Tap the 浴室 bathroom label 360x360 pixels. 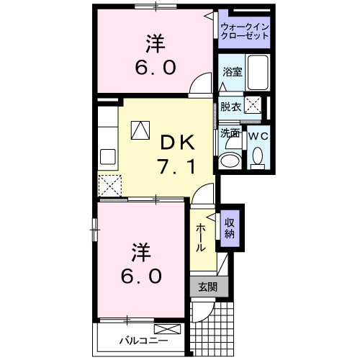232,73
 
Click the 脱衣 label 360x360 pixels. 230,107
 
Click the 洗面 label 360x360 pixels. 230,134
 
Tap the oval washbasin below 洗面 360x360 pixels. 232,160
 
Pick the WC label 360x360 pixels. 258,134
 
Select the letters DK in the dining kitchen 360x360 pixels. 177,142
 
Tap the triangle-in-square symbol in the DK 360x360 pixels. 140,130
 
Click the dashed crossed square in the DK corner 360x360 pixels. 109,185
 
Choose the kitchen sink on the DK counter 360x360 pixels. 109,156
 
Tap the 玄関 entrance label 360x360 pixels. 207,286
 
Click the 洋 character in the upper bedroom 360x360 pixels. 153,42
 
